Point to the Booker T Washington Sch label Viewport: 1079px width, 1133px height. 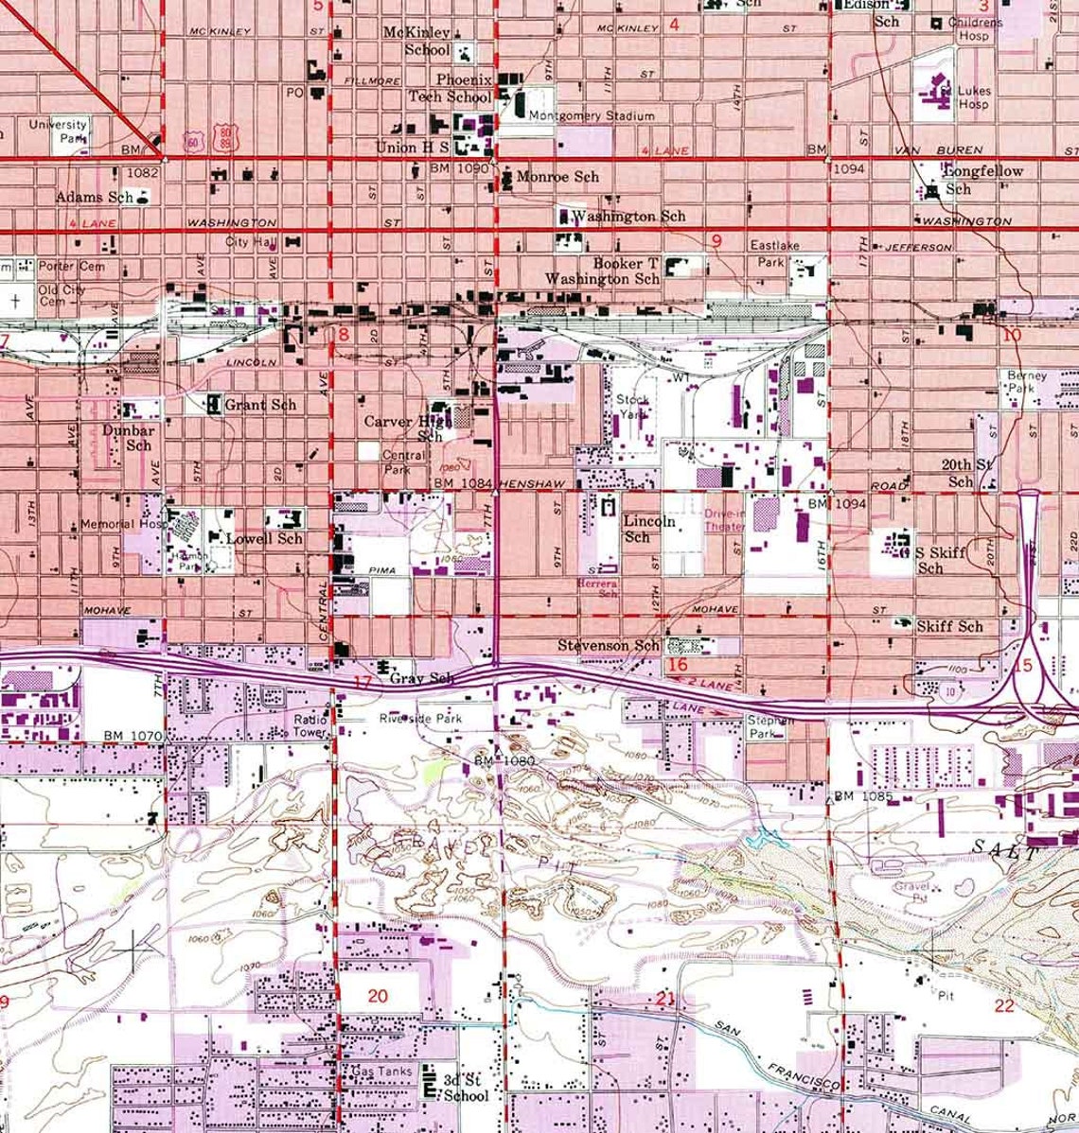[613, 271]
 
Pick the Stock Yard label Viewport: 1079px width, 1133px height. [632, 407]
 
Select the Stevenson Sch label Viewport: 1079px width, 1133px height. [607, 645]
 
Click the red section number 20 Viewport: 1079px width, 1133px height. [378, 995]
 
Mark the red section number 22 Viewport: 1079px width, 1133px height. [1004, 1005]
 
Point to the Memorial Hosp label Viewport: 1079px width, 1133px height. [122, 523]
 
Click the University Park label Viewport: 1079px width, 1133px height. [57, 131]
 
